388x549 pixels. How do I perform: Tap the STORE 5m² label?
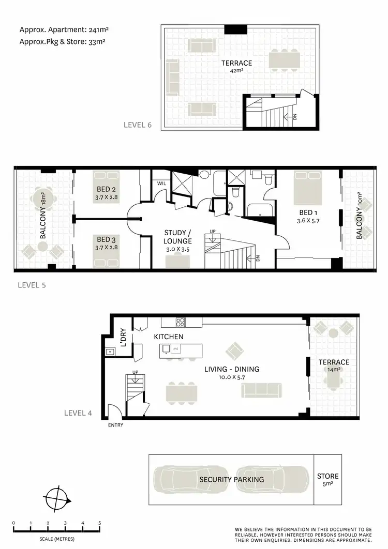(x=327, y=480)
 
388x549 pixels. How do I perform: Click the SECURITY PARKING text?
(x=231, y=479)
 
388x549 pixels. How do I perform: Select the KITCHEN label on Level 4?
(x=169, y=337)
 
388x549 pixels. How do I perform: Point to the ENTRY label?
(x=116, y=425)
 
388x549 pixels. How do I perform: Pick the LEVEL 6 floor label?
(x=137, y=125)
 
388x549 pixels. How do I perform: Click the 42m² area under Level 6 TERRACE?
(x=236, y=71)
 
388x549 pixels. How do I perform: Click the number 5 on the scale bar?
(x=99, y=523)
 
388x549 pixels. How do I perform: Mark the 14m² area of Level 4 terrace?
(x=333, y=370)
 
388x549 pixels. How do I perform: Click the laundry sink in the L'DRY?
(x=110, y=352)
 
